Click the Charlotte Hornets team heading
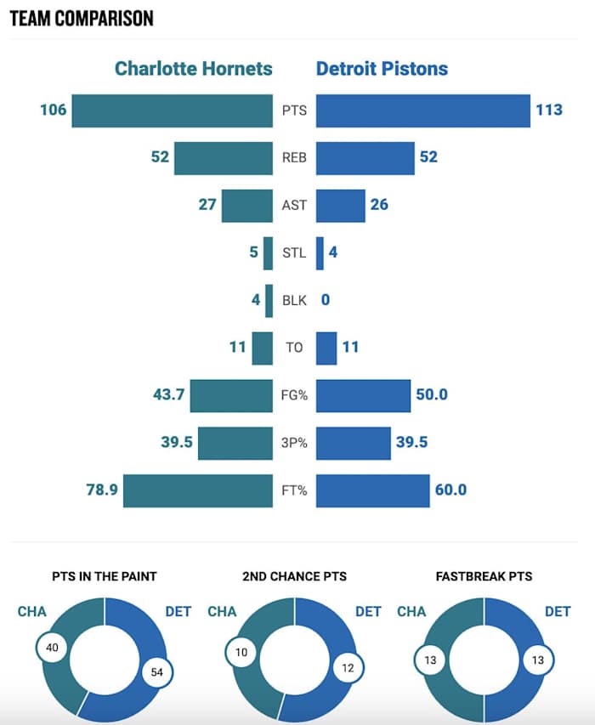194,68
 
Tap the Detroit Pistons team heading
382,68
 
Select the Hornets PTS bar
172,110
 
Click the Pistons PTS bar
422,110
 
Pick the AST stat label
294,206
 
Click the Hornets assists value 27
207,206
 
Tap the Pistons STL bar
320,253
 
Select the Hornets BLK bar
269,300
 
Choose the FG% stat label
294,395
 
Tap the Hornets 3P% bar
235,443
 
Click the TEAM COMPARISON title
82,18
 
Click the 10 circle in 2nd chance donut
241,653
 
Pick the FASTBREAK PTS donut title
484,576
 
